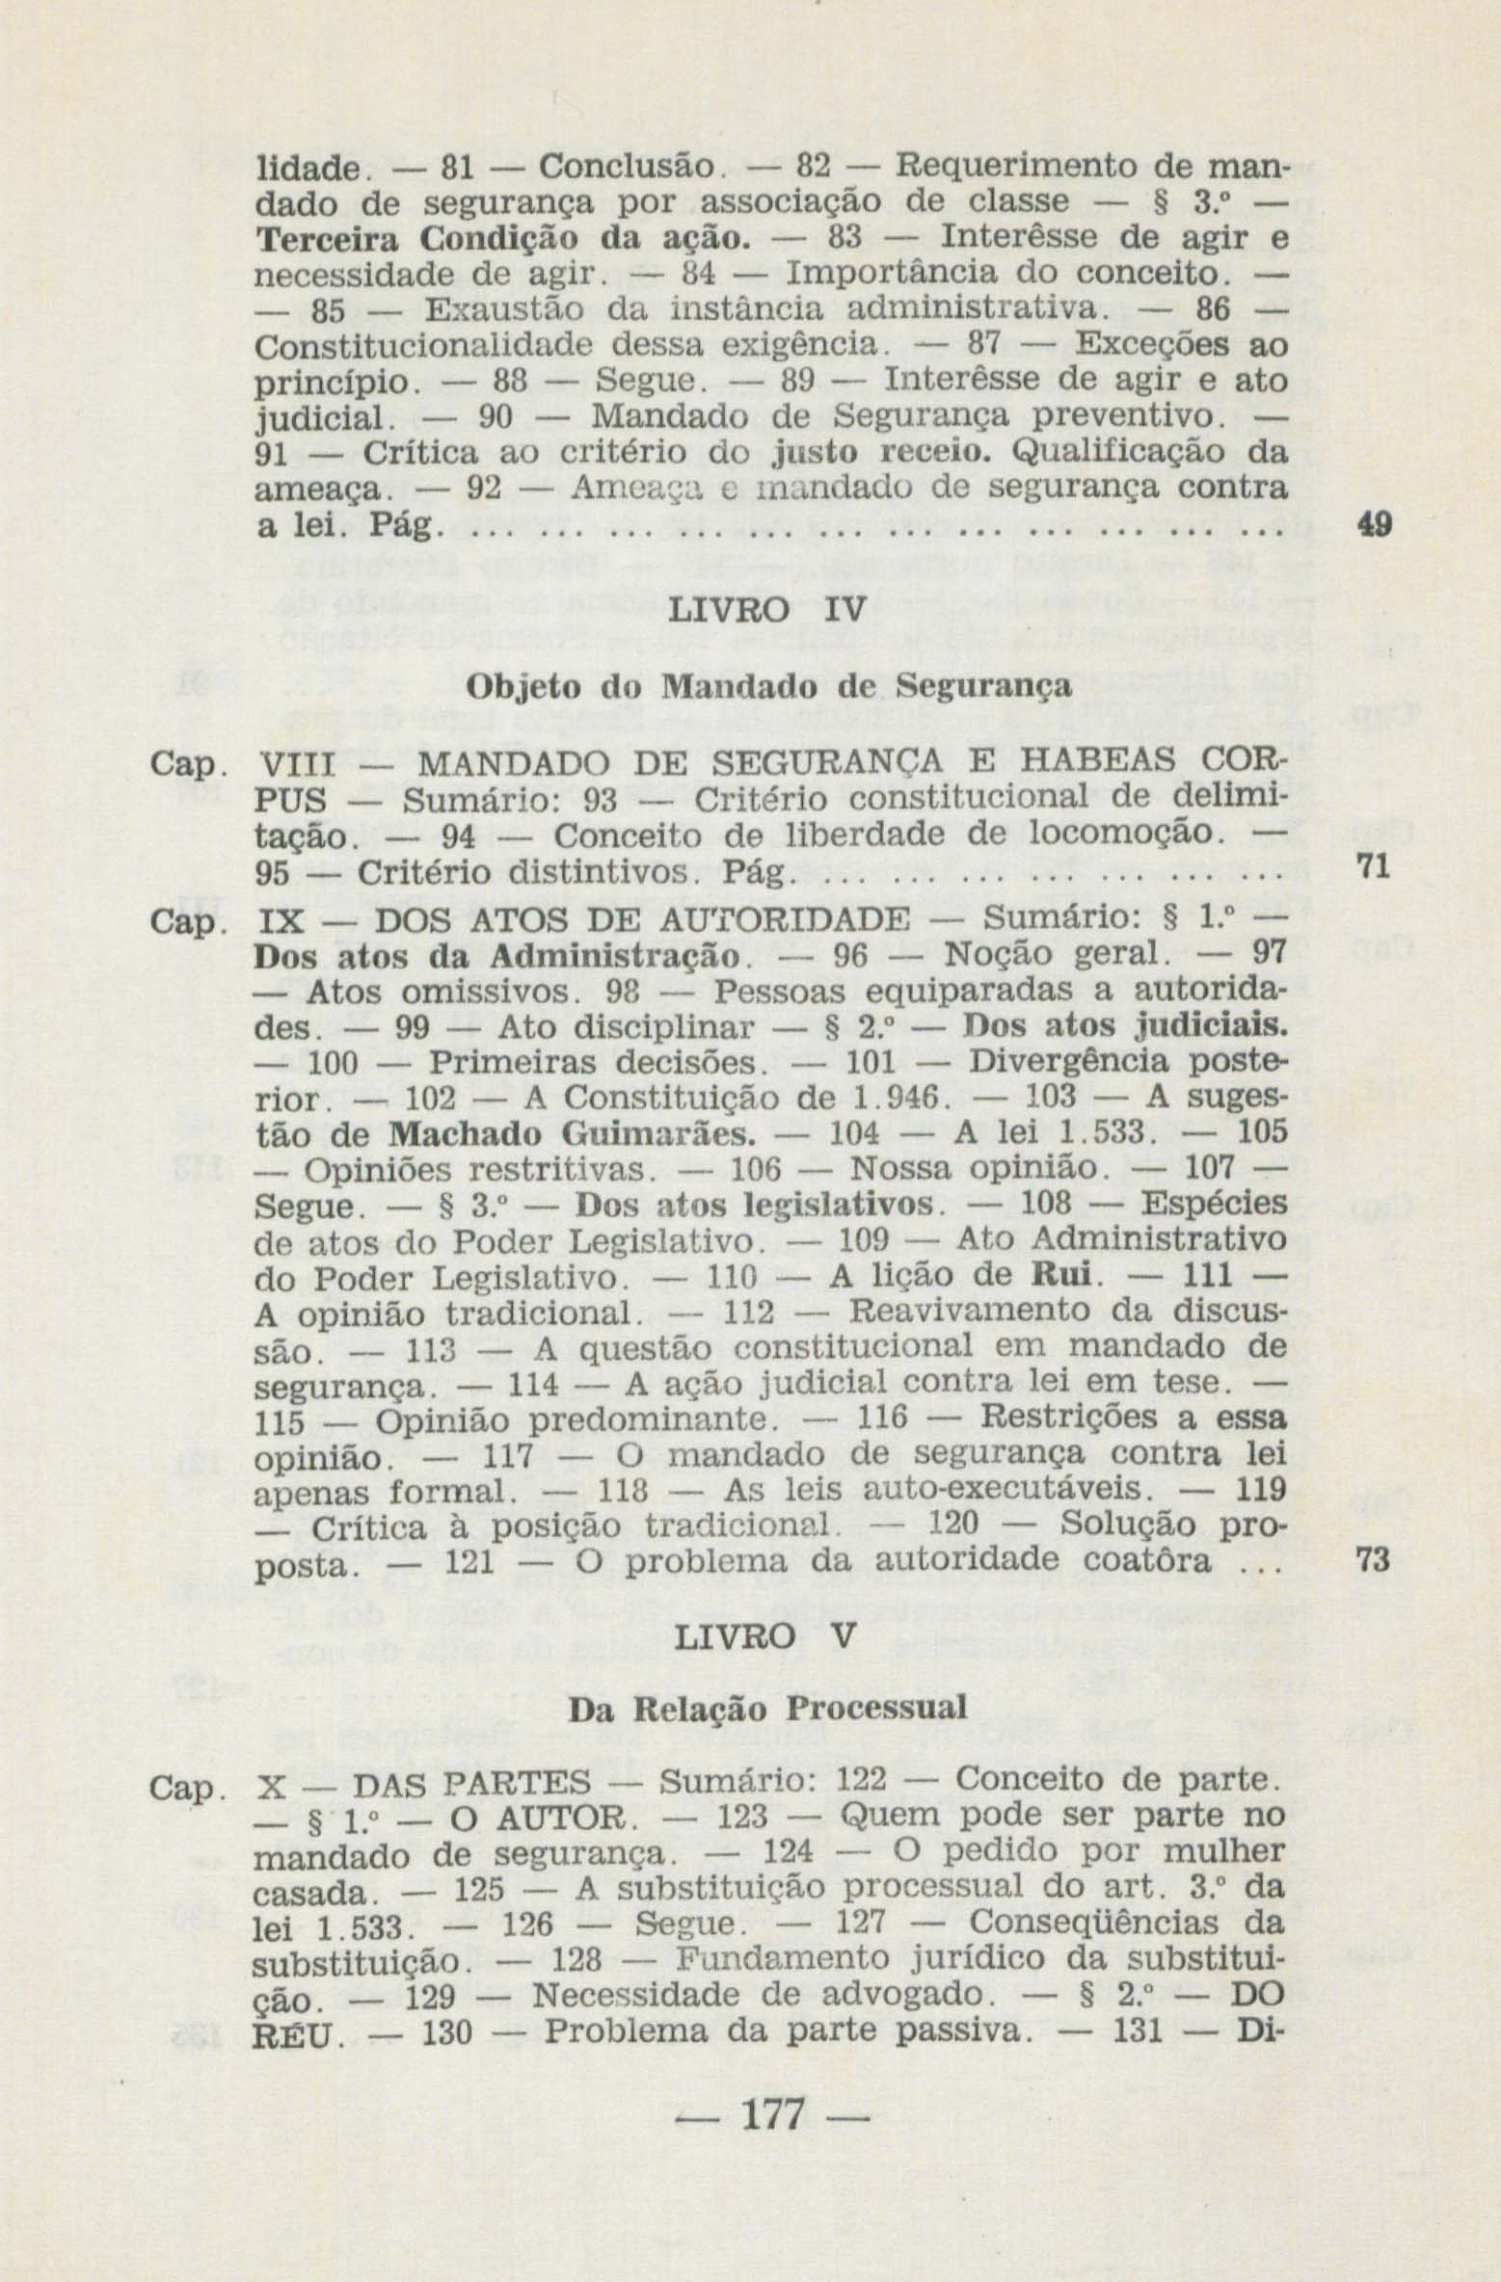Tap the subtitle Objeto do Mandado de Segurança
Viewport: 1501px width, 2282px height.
click(x=768, y=686)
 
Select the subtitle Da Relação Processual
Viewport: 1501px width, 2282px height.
click(x=768, y=1710)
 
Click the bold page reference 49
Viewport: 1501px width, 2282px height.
click(x=1373, y=525)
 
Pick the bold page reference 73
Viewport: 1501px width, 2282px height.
click(x=1373, y=1559)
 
